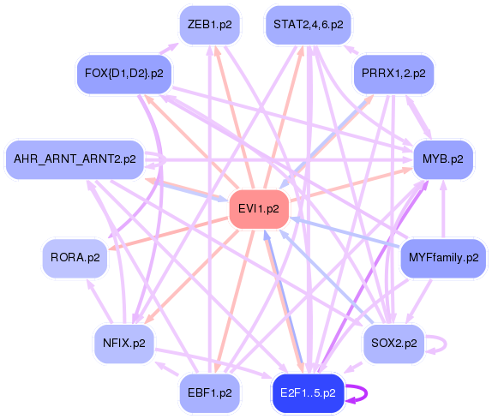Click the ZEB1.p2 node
pos(209,26)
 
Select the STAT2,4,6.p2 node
pos(308,26)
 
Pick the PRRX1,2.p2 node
pos(393,74)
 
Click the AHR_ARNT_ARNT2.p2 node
pos(75,159)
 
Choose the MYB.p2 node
pos(442,159)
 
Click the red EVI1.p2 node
pos(259,208)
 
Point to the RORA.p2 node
pos(75,257)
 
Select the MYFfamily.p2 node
pos(442,257)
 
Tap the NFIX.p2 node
pos(123,344)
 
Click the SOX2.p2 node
pos(393,343)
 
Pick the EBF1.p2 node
pos(209,393)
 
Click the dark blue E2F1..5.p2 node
pos(307,393)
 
